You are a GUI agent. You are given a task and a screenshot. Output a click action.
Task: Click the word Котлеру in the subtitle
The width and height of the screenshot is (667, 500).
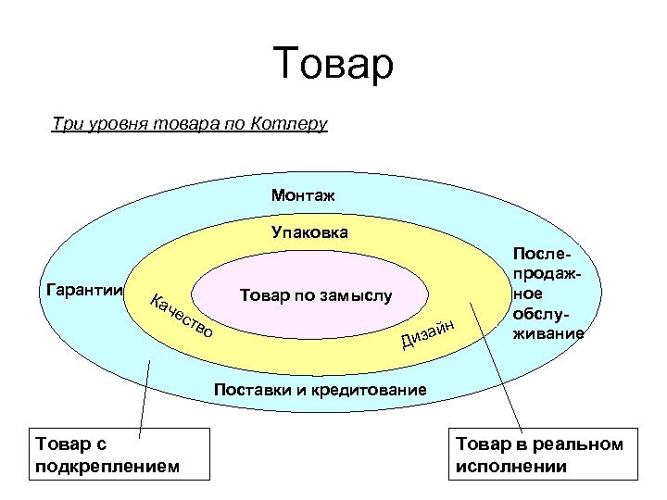point(289,123)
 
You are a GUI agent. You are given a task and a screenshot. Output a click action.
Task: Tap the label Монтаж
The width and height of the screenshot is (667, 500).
point(303,195)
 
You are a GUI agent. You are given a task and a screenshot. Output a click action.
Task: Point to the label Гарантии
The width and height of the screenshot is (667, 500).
point(84,290)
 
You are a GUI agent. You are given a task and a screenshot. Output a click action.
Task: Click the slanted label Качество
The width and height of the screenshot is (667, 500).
point(182,315)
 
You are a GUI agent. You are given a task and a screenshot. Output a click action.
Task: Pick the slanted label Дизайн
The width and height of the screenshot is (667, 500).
point(428,334)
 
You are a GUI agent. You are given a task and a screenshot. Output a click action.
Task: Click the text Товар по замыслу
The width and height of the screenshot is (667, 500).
point(316,296)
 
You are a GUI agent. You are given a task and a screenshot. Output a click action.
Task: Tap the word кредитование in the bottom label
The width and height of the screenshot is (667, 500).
point(371,390)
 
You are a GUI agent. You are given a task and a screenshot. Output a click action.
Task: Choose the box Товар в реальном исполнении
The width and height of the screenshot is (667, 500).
point(544,455)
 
